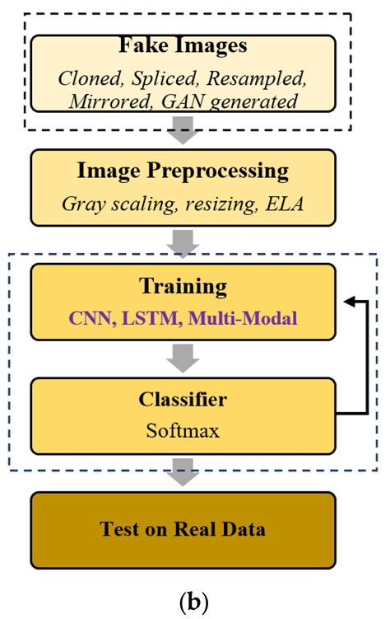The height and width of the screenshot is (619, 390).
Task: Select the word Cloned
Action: [88, 79]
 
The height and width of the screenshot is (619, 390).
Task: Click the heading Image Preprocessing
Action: [183, 171]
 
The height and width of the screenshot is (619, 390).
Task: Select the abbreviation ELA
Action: [284, 202]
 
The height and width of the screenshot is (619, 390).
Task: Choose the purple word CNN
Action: [86, 316]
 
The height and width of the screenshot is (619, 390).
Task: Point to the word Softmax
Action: [183, 429]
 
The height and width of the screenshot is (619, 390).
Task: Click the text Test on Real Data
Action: [183, 528]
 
